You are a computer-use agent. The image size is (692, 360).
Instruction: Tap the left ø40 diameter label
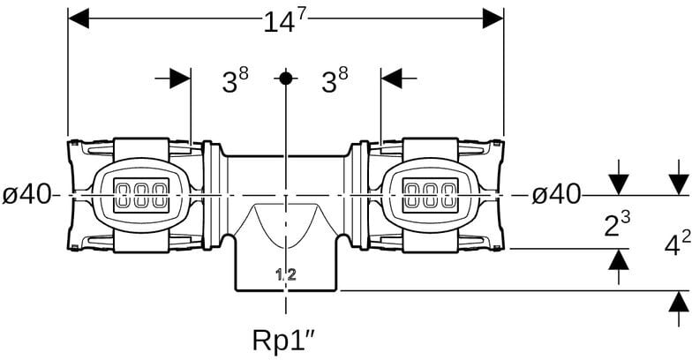coord(26,195)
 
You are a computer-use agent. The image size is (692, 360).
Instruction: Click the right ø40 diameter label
coord(556,195)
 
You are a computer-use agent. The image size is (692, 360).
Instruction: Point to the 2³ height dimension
coord(617,224)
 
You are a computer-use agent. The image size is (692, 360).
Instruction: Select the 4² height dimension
coord(677,244)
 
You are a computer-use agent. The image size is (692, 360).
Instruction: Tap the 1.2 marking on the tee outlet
coord(285,275)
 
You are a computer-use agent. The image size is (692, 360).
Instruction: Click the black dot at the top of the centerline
coord(285,78)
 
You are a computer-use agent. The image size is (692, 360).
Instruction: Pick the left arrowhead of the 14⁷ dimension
coord(79,19)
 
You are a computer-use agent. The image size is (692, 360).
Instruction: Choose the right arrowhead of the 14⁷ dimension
coord(493,19)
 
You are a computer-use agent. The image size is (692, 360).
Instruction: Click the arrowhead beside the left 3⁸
coord(180,79)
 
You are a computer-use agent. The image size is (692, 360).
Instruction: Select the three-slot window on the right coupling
coord(429,194)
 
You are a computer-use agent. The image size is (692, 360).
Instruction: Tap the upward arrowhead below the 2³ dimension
coord(619,259)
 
